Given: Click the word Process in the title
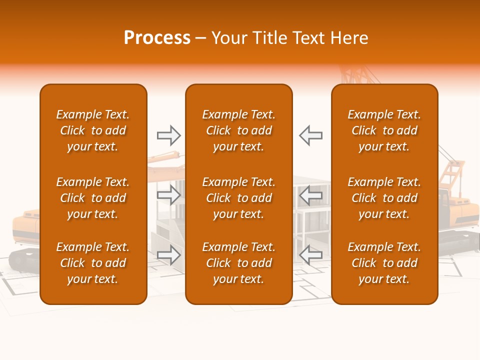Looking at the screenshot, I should click(157, 38).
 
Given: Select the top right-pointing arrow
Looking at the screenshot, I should click(168, 135).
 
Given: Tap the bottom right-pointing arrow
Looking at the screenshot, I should click(168, 255).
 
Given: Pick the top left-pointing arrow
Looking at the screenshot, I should click(310, 135).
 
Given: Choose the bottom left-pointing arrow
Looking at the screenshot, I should click(310, 255).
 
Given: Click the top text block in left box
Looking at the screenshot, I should click(93, 130).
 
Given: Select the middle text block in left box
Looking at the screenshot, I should click(93, 198).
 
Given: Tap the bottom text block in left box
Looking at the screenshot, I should click(93, 263).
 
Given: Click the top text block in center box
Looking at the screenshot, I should click(238, 130).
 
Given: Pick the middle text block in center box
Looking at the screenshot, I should click(238, 198).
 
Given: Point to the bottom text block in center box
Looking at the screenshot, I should click(238, 263).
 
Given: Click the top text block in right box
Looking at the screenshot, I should click(384, 130).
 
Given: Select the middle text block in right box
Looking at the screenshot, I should click(384, 198).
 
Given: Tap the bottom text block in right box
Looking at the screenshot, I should click(384, 263).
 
